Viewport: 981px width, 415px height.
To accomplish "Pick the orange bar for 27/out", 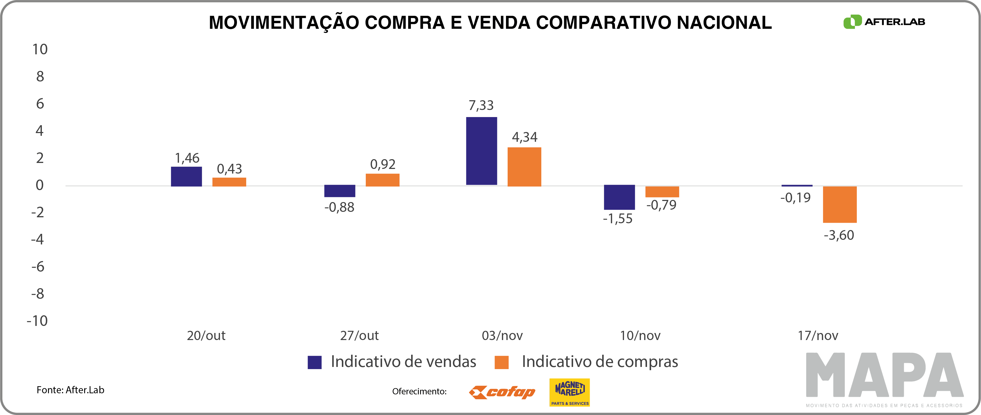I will [382, 180].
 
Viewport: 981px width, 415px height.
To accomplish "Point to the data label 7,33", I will [481, 105].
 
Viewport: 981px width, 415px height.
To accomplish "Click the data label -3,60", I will [839, 235].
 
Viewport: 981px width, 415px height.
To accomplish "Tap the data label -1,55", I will [617, 219].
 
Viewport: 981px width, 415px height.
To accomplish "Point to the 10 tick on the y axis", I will [40, 49].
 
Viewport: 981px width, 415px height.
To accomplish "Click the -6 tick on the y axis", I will [38, 266].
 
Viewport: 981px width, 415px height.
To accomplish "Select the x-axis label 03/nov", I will [502, 335].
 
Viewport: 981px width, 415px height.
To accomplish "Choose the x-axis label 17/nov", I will [818, 335].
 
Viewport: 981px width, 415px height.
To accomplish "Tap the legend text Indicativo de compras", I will [599, 362].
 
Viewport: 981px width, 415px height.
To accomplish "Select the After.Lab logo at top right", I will [884, 22].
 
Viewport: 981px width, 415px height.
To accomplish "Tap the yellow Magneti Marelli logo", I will [569, 392].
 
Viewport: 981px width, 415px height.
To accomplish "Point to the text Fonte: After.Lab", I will [70, 390].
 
